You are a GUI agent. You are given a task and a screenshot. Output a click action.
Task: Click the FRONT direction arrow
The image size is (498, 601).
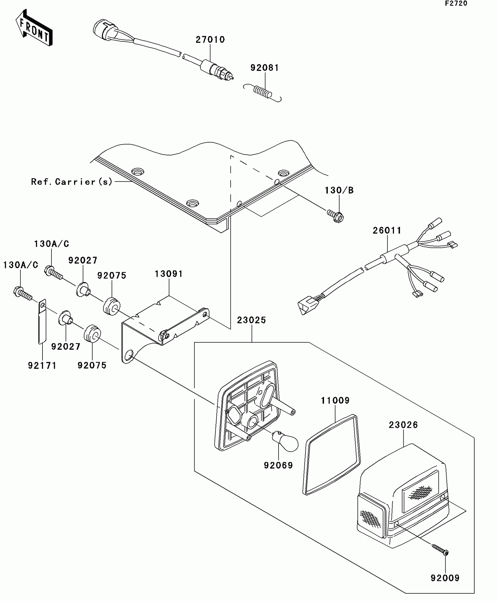click(x=34, y=28)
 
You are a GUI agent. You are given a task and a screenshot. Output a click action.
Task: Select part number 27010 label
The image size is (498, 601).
click(x=210, y=40)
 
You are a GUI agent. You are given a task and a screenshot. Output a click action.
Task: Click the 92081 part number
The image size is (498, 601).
click(x=265, y=68)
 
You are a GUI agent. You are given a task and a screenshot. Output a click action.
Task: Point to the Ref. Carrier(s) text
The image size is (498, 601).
click(x=72, y=182)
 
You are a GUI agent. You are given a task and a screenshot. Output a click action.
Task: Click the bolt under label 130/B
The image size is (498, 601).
click(x=336, y=216)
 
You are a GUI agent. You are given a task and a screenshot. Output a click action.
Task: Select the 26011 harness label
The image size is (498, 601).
click(x=387, y=230)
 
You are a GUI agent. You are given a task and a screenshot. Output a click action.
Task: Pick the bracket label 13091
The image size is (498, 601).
click(x=169, y=274)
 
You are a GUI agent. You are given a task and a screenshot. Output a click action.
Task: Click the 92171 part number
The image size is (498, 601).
click(x=42, y=365)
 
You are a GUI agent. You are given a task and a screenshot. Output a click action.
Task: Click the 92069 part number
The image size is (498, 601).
click(x=278, y=465)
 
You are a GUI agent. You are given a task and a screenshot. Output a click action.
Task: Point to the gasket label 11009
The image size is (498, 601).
click(x=335, y=400)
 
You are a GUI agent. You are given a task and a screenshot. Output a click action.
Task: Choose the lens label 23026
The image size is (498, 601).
click(x=403, y=425)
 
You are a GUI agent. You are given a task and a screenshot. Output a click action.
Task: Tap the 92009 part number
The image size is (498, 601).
click(x=445, y=578)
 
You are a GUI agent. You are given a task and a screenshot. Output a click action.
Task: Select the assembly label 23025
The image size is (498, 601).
click(x=251, y=320)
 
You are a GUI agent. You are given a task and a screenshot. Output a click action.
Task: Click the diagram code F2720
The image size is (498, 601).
click(x=456, y=4)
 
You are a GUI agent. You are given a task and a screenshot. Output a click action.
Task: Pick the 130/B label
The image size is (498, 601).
click(x=339, y=190)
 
